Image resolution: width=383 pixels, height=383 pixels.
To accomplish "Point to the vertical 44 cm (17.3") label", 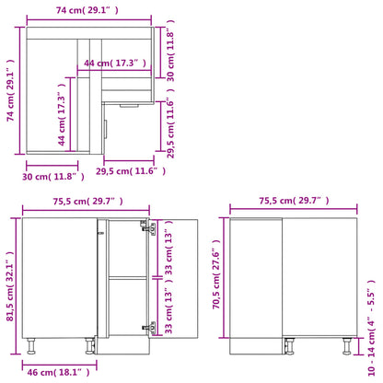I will coord(61,119).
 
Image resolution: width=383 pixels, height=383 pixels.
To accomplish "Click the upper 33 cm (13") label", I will coord(168,247).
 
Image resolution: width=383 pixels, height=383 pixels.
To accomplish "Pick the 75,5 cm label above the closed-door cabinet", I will coord(293,202).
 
